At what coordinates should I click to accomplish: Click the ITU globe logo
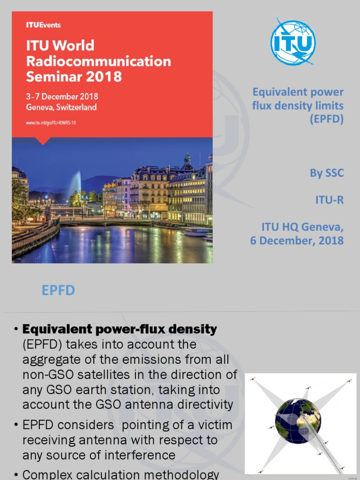pyautogui.click(x=293, y=43)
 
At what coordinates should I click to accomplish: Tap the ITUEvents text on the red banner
pyautogui.click(x=43, y=25)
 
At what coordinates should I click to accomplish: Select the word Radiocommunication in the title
pyautogui.click(x=98, y=61)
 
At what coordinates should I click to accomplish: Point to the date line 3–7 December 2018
pyautogui.click(x=62, y=97)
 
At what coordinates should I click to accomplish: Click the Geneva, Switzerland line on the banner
pyautogui.click(x=61, y=107)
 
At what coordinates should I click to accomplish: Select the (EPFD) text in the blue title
pyautogui.click(x=327, y=119)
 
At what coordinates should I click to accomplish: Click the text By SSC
pyautogui.click(x=327, y=173)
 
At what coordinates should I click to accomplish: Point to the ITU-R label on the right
pyautogui.click(x=329, y=200)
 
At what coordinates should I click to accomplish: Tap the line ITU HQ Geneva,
pyautogui.click(x=302, y=228)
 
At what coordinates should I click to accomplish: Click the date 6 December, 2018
pyautogui.click(x=297, y=241)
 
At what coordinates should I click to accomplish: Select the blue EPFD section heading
pyautogui.click(x=58, y=290)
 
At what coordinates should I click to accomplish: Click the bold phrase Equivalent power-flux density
pyautogui.click(x=120, y=329)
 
